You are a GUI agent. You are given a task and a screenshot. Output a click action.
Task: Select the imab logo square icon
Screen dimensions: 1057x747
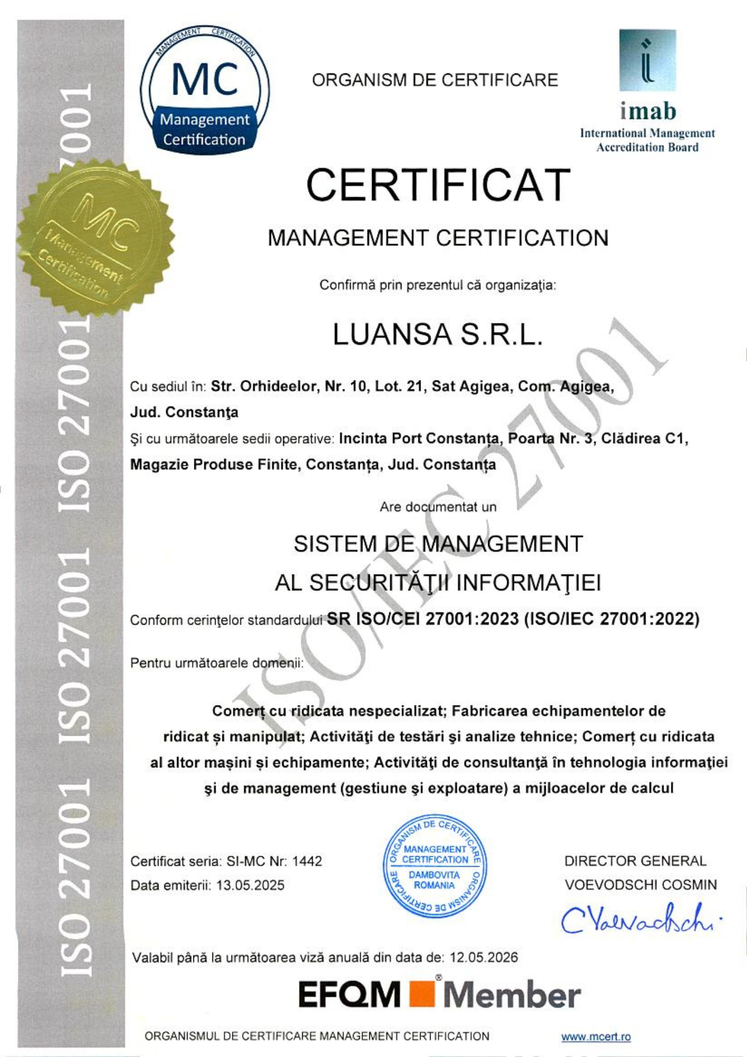pyautogui.click(x=647, y=60)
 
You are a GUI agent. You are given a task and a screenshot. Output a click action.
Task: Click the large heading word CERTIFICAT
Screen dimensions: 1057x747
pyautogui.click(x=438, y=185)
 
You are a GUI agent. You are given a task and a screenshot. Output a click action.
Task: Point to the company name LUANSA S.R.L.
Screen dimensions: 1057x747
pyautogui.click(x=437, y=335)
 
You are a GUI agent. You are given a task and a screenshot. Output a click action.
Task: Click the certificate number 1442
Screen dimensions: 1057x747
pyautogui.click(x=307, y=861)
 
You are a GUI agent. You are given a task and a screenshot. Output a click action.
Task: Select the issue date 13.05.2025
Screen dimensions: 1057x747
pyautogui.click(x=250, y=885)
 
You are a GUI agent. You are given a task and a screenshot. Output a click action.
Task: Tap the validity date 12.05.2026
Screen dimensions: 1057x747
pyautogui.click(x=483, y=957)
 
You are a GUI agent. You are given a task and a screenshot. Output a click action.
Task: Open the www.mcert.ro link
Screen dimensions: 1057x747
pyautogui.click(x=595, y=1036)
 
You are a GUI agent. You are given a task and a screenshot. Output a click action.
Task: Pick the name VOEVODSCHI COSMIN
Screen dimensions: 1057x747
pyautogui.click(x=640, y=885)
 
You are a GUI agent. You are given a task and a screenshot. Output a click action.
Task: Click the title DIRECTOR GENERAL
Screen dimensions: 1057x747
pyautogui.click(x=635, y=861)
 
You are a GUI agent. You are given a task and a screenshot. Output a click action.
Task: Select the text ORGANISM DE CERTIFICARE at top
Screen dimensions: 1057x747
pyautogui.click(x=435, y=80)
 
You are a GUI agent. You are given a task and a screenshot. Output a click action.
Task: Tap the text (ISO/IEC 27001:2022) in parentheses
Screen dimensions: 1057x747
pyautogui.click(x=611, y=619)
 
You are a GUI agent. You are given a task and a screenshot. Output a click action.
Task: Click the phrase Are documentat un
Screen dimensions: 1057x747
pyautogui.click(x=438, y=507)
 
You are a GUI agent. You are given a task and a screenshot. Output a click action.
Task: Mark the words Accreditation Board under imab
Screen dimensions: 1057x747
pyautogui.click(x=647, y=147)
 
